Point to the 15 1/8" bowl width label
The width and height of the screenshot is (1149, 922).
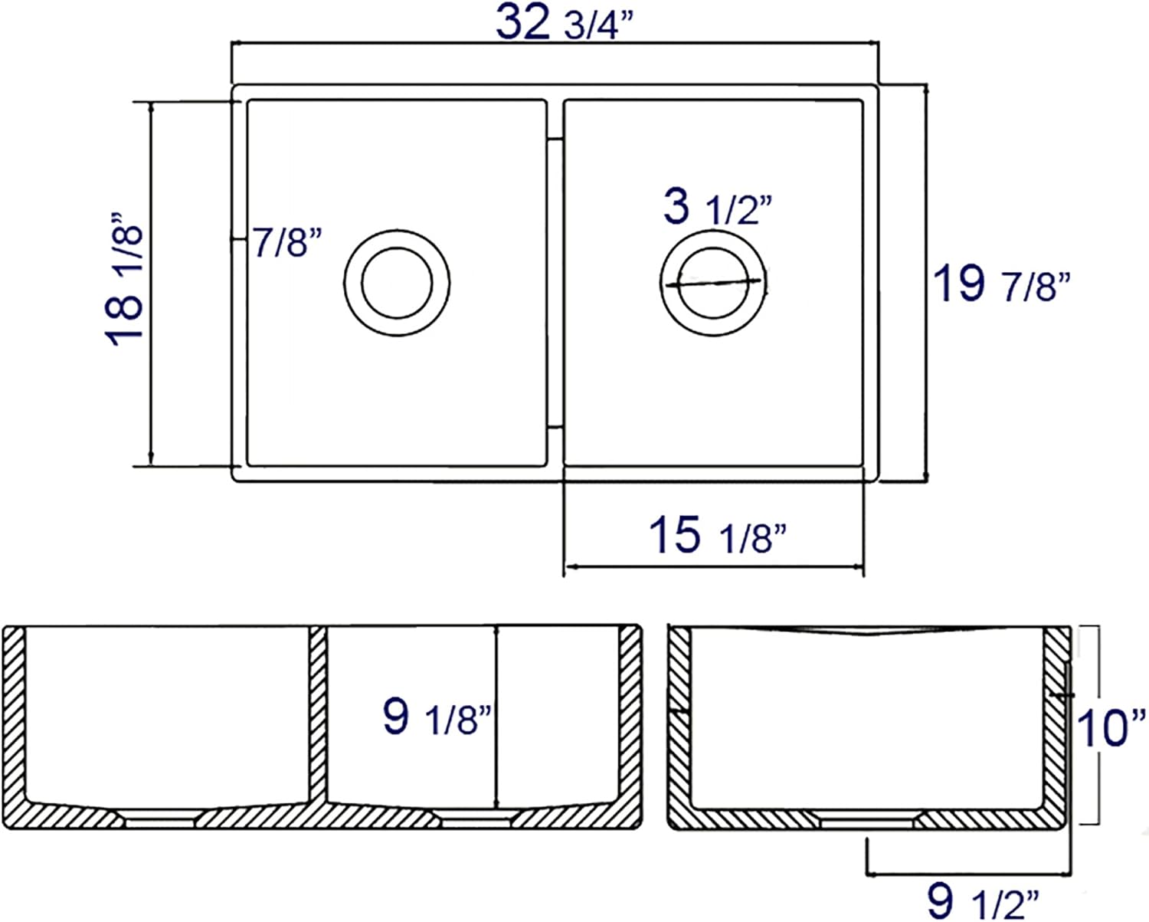[x=717, y=534]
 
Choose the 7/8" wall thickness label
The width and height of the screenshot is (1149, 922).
[x=284, y=243]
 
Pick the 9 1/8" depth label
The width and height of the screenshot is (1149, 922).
[x=436, y=718]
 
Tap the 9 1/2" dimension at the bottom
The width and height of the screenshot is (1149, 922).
[x=983, y=901]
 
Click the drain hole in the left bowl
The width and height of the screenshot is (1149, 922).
[x=397, y=282]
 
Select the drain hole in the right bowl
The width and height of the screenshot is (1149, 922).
[x=713, y=282]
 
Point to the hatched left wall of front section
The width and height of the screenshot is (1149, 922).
[x=15, y=713]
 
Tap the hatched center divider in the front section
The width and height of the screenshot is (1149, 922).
[x=318, y=713]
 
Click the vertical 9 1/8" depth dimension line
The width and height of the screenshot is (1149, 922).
[x=498, y=717]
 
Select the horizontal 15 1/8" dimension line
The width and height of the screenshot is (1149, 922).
[x=714, y=568]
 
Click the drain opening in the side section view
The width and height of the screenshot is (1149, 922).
[x=867, y=822]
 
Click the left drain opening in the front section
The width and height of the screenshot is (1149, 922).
[x=161, y=821]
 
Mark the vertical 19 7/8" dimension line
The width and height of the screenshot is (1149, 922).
[x=928, y=284]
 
